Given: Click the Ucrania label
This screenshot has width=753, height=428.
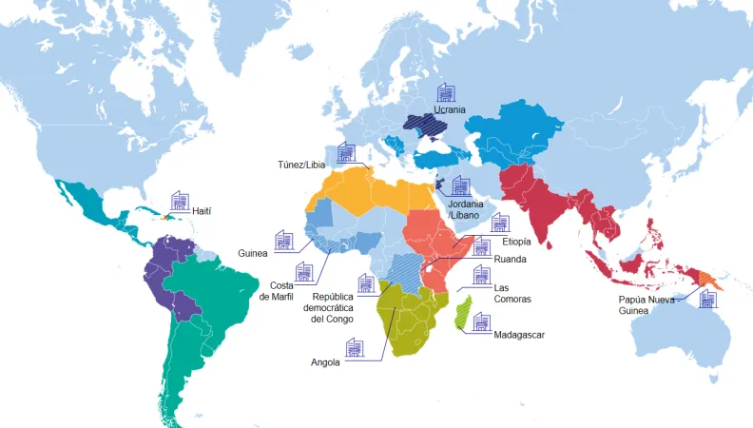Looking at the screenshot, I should [x=450, y=109].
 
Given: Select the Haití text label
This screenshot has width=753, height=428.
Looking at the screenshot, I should [x=202, y=210].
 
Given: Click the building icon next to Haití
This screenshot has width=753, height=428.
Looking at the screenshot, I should [x=180, y=201].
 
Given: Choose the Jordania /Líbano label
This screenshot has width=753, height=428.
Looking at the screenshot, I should [x=466, y=209].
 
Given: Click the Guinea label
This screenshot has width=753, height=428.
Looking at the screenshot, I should [x=254, y=253].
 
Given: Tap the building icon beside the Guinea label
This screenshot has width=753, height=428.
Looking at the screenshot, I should [x=283, y=238].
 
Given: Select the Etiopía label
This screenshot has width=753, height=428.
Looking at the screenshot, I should [x=517, y=242].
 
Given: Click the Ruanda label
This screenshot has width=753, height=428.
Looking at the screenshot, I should [x=511, y=259].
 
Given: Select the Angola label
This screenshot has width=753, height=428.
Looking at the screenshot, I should [x=326, y=361].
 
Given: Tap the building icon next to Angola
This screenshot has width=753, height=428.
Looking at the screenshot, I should [x=355, y=346].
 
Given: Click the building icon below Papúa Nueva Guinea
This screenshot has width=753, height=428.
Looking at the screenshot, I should [x=706, y=297].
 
